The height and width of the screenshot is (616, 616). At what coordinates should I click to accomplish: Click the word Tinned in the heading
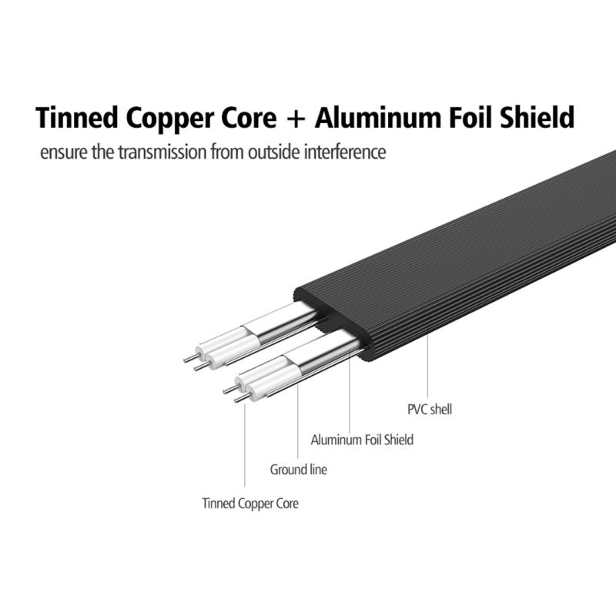(x=77, y=118)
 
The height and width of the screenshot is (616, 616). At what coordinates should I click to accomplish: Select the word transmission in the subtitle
(x=162, y=152)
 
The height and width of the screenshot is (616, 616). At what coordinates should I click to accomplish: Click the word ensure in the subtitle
(x=64, y=152)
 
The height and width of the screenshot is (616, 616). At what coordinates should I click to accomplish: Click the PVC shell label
(x=430, y=410)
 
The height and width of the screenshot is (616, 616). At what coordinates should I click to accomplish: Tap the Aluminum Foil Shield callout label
(x=362, y=440)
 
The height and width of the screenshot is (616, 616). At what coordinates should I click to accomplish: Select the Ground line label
(x=298, y=470)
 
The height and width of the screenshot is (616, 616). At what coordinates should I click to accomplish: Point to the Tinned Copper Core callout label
(x=250, y=504)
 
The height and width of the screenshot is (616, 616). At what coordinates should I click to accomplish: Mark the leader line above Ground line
(x=297, y=421)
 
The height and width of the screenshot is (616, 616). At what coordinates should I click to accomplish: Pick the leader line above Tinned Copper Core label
(x=245, y=445)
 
